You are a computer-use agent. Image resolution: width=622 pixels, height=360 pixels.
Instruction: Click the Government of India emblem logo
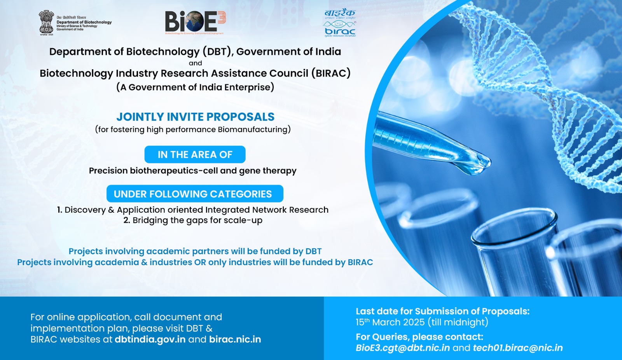click(46, 23)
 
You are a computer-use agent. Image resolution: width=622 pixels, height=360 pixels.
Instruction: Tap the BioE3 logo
click(195, 22)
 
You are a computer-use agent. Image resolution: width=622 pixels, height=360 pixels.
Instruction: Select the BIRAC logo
click(340, 24)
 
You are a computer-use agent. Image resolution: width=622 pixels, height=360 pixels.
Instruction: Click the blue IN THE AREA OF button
click(195, 155)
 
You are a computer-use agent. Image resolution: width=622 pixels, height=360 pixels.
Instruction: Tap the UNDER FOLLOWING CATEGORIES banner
click(195, 194)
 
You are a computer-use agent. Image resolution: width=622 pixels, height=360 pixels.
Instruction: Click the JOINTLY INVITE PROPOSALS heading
click(195, 117)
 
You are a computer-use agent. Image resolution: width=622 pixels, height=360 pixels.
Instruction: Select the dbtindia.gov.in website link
click(150, 339)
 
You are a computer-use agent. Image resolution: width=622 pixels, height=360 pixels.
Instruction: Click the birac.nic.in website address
click(235, 339)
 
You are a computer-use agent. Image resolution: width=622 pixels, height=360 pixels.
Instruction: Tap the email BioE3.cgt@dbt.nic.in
click(403, 348)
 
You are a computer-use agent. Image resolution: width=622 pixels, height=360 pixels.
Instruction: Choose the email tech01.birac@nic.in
click(517, 348)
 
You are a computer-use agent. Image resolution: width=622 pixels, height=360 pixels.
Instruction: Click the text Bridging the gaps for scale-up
click(197, 220)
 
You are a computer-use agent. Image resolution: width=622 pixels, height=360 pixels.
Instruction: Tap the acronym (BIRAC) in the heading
click(331, 73)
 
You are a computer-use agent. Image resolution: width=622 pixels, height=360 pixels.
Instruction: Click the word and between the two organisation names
click(195, 63)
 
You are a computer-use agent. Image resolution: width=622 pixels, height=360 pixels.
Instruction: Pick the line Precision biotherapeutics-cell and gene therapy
click(192, 171)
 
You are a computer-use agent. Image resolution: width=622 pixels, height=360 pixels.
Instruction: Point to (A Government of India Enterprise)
click(195, 87)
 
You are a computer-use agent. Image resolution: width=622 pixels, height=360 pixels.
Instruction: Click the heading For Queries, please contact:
click(419, 337)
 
